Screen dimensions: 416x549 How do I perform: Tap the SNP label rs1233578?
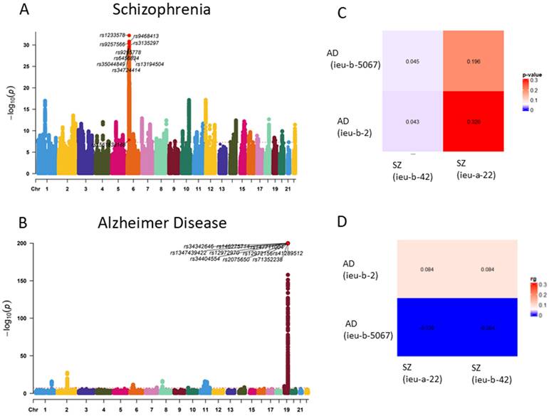click(x=113, y=35)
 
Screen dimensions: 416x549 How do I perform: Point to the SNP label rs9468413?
click(x=146, y=36)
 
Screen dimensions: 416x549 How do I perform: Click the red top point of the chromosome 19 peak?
click(x=288, y=243)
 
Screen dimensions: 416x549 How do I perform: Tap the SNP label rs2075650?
click(x=236, y=260)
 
